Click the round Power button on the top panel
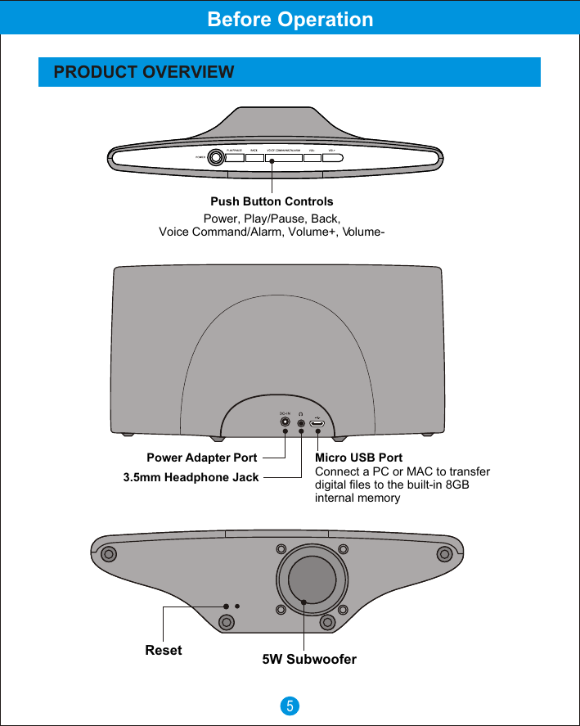216,157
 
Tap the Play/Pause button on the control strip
234,158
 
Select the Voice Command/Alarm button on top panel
284,158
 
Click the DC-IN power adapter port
285,424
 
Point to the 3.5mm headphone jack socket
301,424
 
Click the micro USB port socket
317,424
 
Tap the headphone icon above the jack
301,414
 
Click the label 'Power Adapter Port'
201,458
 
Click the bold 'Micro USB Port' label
358,458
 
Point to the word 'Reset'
164,651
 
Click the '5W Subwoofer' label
309,659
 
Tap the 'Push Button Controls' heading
272,201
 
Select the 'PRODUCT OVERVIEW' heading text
144,72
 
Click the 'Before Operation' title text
290,19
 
